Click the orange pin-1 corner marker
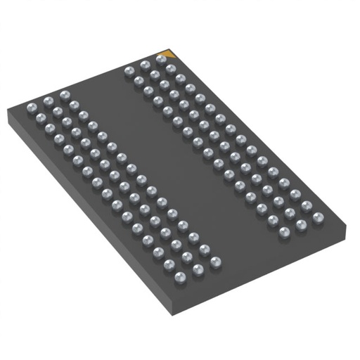coord(169,53)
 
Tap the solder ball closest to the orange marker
coord(161,61)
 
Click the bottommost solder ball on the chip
coord(181,276)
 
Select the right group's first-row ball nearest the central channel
coord(129,70)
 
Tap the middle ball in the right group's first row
coord(145,65)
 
